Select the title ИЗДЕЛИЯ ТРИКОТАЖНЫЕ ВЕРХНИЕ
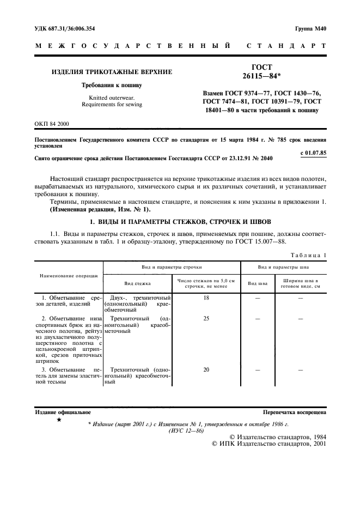pyautogui.click(x=112, y=72)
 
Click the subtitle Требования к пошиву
pyautogui.click(x=112, y=86)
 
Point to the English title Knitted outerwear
pyautogui.click(x=112, y=98)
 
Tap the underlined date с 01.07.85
pyautogui.click(x=313, y=152)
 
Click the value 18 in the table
pyautogui.click(x=206, y=298)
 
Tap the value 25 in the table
pyautogui.click(x=206, y=318)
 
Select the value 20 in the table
pyautogui.click(x=206, y=369)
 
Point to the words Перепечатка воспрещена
pyautogui.click(x=294, y=412)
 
